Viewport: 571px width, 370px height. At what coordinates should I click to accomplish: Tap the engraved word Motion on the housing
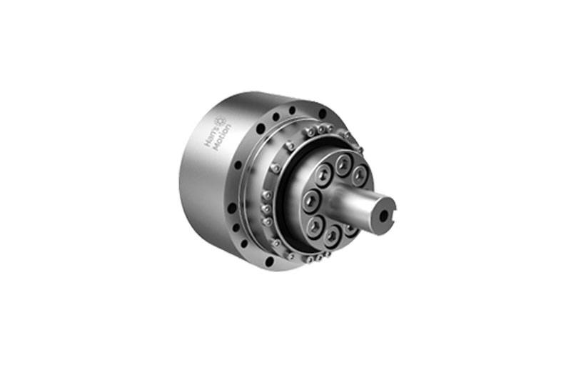(222, 138)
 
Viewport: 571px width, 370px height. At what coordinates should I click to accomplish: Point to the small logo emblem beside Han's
(220, 121)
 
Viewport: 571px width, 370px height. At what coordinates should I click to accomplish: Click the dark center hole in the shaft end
(383, 216)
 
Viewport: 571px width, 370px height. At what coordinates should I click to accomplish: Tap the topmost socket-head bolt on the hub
(343, 164)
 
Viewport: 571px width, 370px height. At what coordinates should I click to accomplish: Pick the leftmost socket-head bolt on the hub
(311, 201)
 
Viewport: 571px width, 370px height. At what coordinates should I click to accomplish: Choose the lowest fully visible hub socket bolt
(331, 237)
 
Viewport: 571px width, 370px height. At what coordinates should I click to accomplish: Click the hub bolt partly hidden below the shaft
(350, 230)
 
